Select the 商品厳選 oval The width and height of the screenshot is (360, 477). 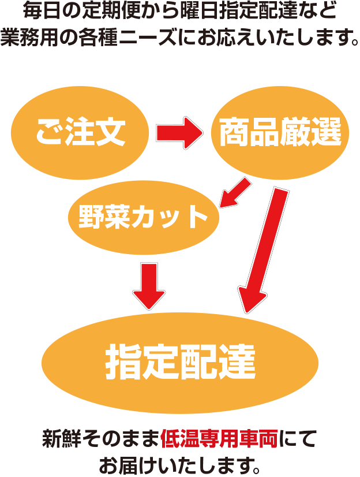pyautogui.click(x=281, y=133)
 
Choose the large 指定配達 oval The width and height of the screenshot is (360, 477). pyautogui.click(x=180, y=362)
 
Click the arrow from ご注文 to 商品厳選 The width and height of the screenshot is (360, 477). pyautogui.click(x=179, y=132)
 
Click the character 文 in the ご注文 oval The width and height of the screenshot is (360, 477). pyautogui.click(x=111, y=133)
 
